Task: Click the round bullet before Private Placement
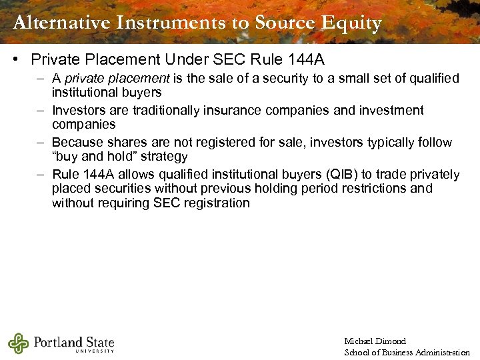pos(15,60)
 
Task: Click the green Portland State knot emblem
pos(19,343)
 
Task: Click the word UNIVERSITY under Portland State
pos(95,351)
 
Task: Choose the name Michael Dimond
pos(375,341)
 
